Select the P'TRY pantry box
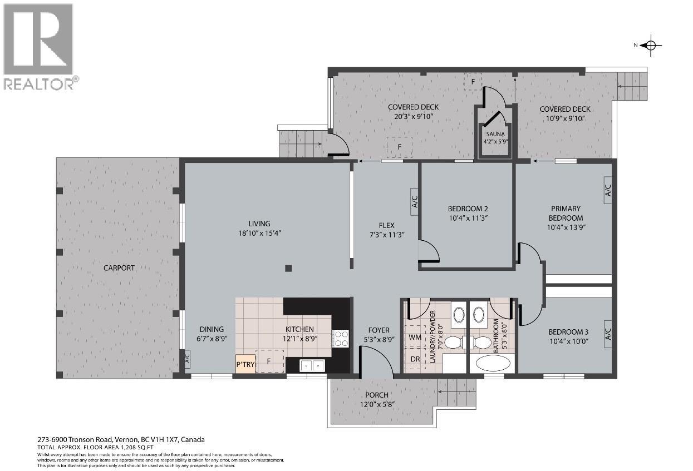[245, 364]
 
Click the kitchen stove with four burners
[341, 339]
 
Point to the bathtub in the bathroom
[490, 364]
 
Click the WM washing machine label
[415, 337]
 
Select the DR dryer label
[415, 359]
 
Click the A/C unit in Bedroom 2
[414, 202]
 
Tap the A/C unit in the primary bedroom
[607, 190]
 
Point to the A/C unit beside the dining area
[186, 359]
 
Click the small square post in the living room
[288, 269]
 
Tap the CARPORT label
[119, 268]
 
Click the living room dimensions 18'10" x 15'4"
[259, 234]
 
